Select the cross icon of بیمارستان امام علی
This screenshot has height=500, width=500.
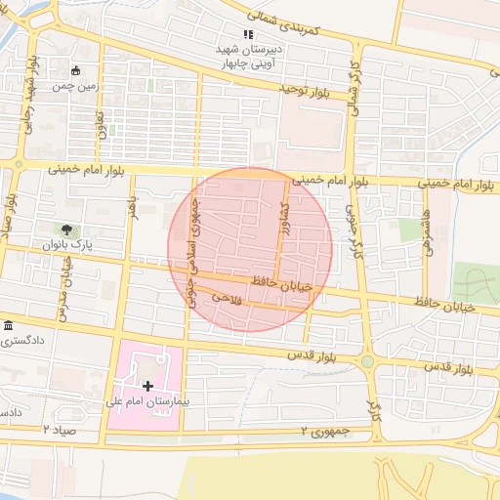point(147,387)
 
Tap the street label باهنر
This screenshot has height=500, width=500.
point(128,209)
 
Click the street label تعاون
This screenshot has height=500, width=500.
point(101,124)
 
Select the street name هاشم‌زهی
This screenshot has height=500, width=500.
point(428,224)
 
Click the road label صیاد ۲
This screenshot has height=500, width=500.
point(58,429)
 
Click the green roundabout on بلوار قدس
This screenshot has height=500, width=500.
point(368,362)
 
